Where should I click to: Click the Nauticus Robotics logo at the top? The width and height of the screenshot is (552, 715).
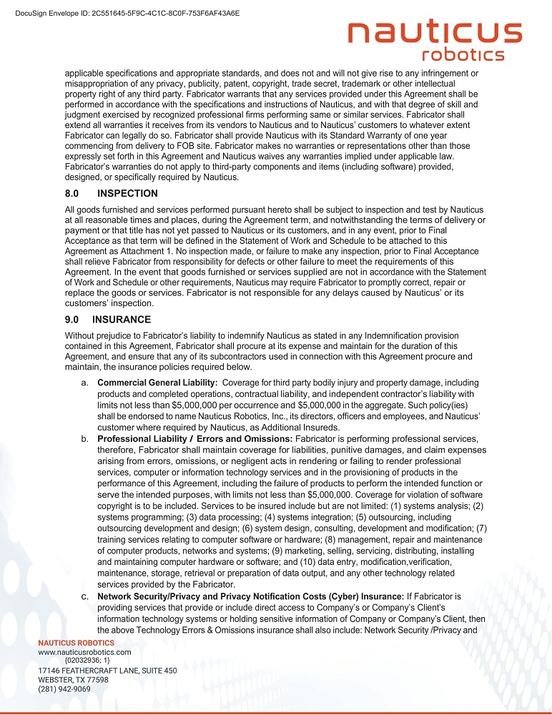(x=435, y=41)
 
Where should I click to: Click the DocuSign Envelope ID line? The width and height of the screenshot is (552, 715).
(x=127, y=13)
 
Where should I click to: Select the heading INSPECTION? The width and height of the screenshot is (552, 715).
(x=127, y=193)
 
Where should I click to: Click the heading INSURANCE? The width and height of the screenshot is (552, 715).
(x=122, y=320)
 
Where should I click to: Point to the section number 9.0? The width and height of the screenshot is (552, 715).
(x=74, y=320)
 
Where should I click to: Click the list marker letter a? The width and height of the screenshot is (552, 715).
(x=84, y=383)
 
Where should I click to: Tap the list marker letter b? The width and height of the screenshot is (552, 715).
(x=84, y=438)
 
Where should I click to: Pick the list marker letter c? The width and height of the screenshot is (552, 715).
(x=84, y=596)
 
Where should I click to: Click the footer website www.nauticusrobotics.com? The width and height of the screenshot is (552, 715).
(x=84, y=652)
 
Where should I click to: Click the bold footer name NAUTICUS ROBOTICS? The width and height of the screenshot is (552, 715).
(x=76, y=643)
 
